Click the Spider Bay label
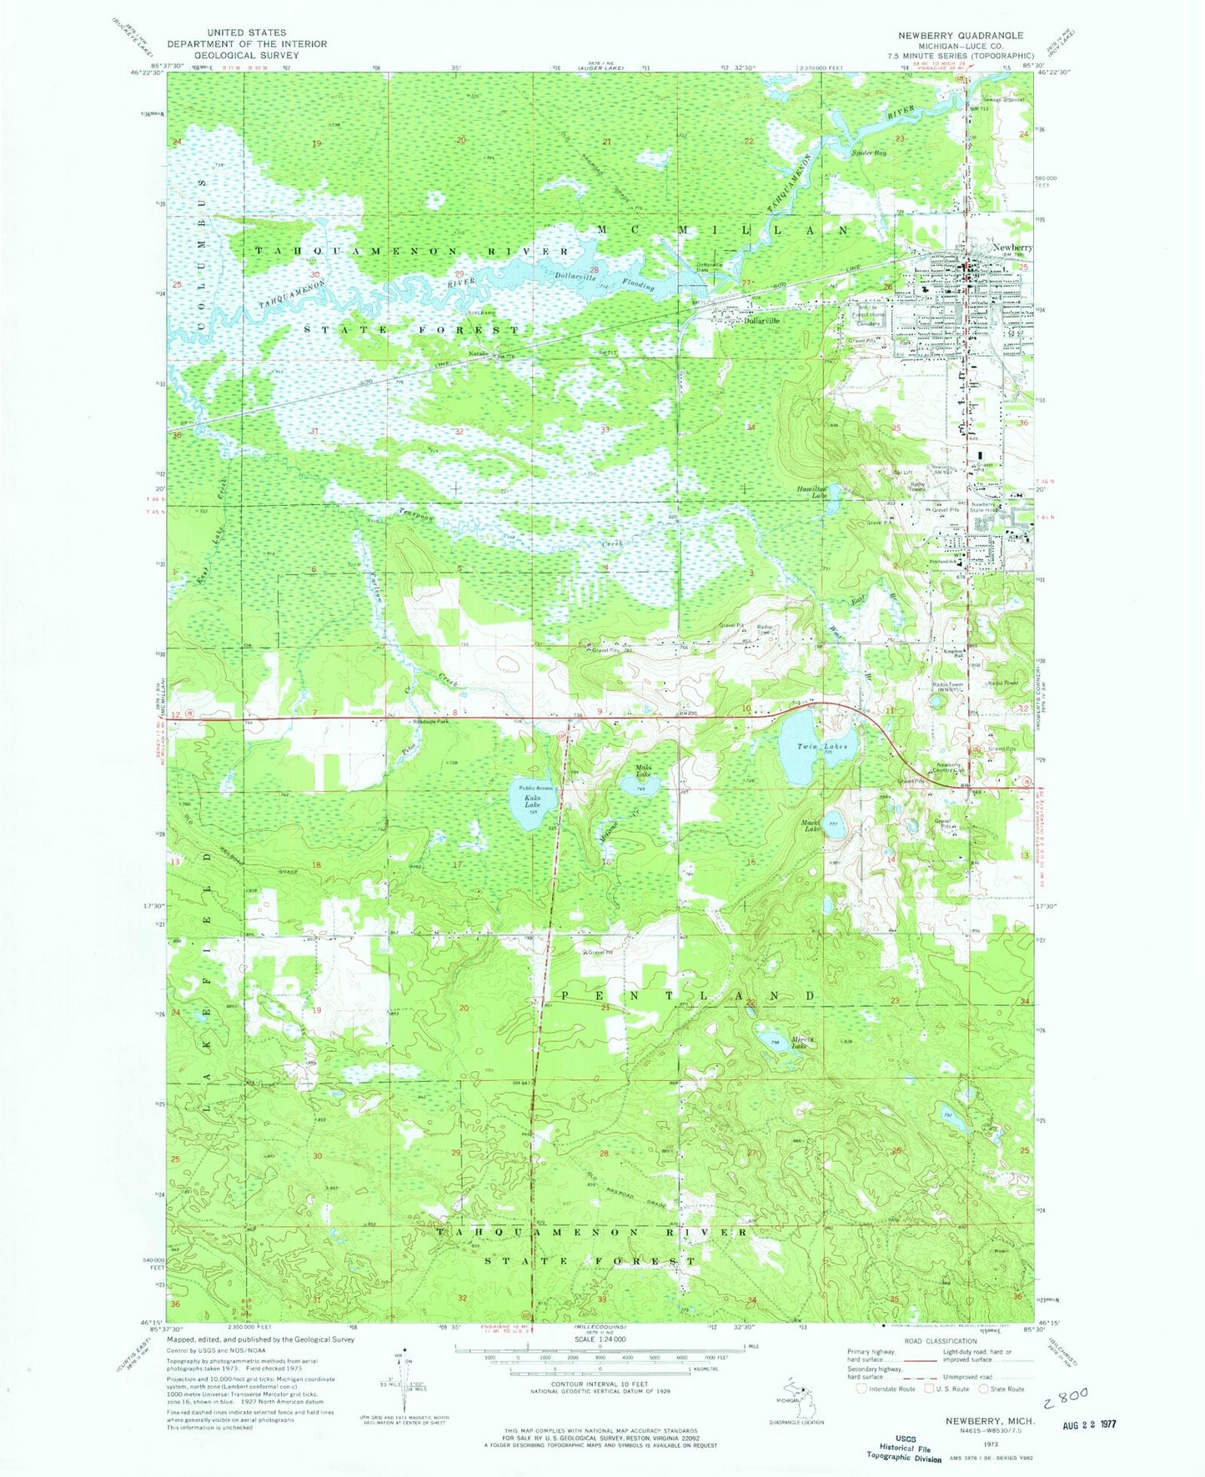[869, 153]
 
